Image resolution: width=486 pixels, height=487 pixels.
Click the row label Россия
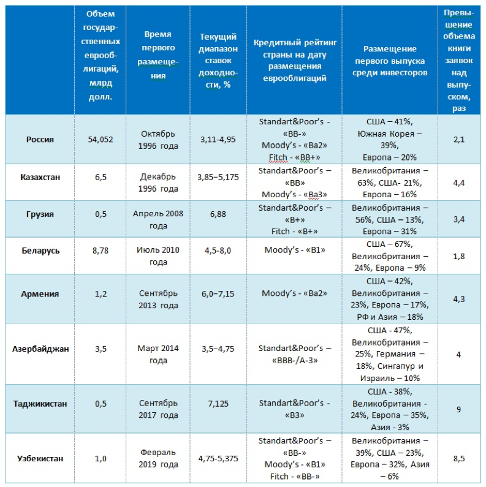pos(40,139)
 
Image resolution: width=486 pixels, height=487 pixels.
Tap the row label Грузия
pos(40,214)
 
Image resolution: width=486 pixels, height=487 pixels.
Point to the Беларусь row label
pos(40,251)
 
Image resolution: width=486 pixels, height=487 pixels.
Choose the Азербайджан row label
pos(40,349)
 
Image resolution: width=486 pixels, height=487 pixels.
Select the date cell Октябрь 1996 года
pos(159,139)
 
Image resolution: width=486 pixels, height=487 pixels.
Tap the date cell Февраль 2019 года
pos(159,458)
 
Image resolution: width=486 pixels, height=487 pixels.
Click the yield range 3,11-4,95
pos(218,139)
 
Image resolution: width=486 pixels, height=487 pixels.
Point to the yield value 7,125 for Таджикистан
pos(218,404)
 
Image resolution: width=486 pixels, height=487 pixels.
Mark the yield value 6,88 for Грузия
pos(218,214)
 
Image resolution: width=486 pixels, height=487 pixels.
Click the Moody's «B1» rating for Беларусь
pos(295,251)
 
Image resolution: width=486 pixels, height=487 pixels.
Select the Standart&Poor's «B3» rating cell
pos(295,404)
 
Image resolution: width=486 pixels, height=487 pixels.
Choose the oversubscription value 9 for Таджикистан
pos(458,409)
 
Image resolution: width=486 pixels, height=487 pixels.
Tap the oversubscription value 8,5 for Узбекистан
pos(458,458)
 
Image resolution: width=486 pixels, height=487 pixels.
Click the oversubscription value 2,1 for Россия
pos(458,139)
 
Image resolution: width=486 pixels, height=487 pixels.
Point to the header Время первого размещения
pos(159,55)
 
